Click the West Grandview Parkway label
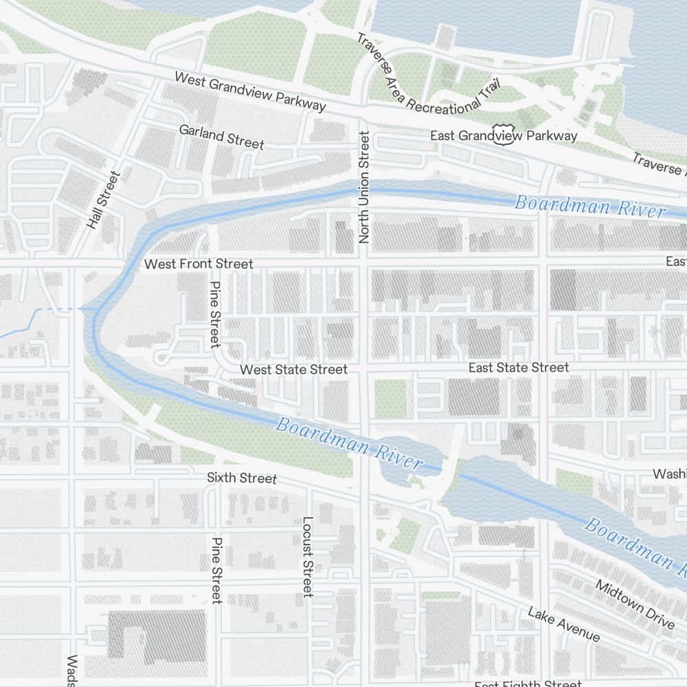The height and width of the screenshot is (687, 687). (x=249, y=91)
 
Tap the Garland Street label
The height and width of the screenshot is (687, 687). (x=221, y=136)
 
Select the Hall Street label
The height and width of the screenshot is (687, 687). (x=103, y=200)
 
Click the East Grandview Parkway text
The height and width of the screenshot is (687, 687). (x=504, y=136)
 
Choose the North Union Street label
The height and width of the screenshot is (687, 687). (x=364, y=188)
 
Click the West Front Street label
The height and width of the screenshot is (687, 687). (x=198, y=264)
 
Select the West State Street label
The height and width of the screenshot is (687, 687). (x=293, y=370)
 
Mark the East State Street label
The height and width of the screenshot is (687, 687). (x=518, y=368)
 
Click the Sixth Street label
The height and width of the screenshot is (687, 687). (x=242, y=478)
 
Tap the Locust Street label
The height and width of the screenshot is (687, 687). (x=308, y=556)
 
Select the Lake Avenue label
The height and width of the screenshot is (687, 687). (x=563, y=624)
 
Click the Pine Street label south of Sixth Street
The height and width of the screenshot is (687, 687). (x=217, y=570)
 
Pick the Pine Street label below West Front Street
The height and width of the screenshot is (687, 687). (x=215, y=315)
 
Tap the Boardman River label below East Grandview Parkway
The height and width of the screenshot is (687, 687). (x=589, y=205)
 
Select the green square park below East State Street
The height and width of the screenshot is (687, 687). (x=390, y=398)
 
